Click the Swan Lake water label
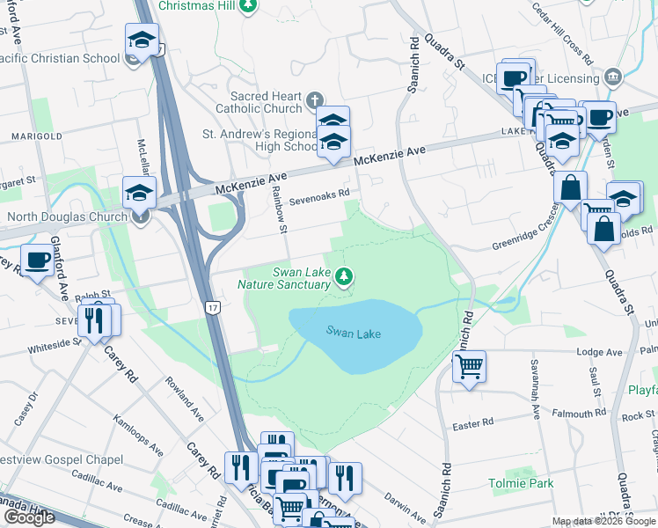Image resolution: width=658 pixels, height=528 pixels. point(354,333)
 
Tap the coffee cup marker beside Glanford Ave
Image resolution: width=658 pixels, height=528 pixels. point(37,261)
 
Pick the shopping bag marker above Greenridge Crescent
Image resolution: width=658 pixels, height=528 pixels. point(570,187)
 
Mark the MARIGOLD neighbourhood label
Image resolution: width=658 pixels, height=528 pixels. point(36,136)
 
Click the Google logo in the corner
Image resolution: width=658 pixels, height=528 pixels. point(29,517)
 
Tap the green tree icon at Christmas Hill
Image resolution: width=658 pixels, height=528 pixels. point(249,5)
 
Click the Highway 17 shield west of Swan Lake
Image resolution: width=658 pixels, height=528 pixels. point(212,307)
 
